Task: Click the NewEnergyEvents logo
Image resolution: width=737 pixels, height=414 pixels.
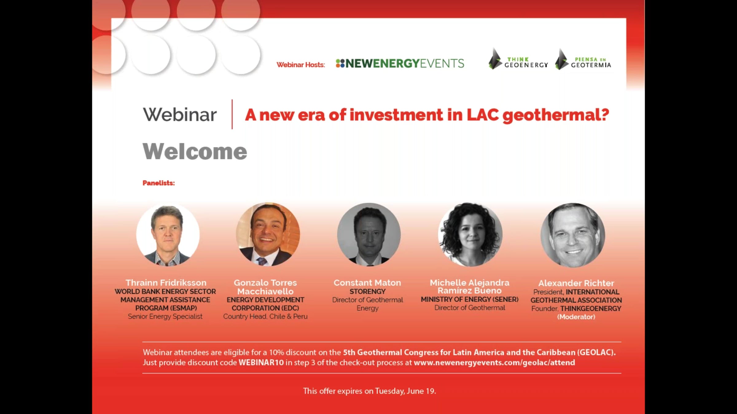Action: pyautogui.click(x=400, y=63)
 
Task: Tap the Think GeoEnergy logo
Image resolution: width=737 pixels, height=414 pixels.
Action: pyautogui.click(x=518, y=59)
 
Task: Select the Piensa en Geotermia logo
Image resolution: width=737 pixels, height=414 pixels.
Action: pyautogui.click(x=583, y=59)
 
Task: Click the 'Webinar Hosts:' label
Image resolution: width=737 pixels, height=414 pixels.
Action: pyautogui.click(x=301, y=65)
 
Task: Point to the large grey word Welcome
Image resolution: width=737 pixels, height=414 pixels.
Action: pyautogui.click(x=195, y=151)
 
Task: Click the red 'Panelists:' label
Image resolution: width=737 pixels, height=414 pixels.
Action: pyautogui.click(x=158, y=183)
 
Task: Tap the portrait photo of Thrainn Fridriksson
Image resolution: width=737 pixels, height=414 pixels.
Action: pyautogui.click(x=168, y=235)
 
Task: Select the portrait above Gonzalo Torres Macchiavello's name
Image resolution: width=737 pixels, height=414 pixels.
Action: pyautogui.click(x=268, y=234)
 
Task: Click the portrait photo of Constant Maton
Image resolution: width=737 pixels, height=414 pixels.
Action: pyautogui.click(x=369, y=234)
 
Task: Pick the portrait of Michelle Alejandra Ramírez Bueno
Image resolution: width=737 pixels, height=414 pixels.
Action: pyautogui.click(x=470, y=234)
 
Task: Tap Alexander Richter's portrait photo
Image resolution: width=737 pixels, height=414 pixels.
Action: pyautogui.click(x=573, y=235)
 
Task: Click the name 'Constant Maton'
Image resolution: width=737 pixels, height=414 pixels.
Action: pyautogui.click(x=367, y=283)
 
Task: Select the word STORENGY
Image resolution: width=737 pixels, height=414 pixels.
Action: pyautogui.click(x=368, y=291)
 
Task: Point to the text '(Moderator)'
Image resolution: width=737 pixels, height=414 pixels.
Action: pyautogui.click(x=576, y=317)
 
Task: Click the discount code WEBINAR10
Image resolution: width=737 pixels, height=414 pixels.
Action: pyautogui.click(x=261, y=362)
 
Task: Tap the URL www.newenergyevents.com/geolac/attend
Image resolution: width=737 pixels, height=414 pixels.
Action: pyautogui.click(x=494, y=362)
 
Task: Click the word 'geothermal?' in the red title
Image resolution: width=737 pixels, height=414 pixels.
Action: pyautogui.click(x=556, y=115)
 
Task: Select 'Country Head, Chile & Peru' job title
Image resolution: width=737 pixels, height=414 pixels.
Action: pyautogui.click(x=265, y=316)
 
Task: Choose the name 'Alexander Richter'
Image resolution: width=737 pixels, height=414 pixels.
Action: pyautogui.click(x=576, y=283)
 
